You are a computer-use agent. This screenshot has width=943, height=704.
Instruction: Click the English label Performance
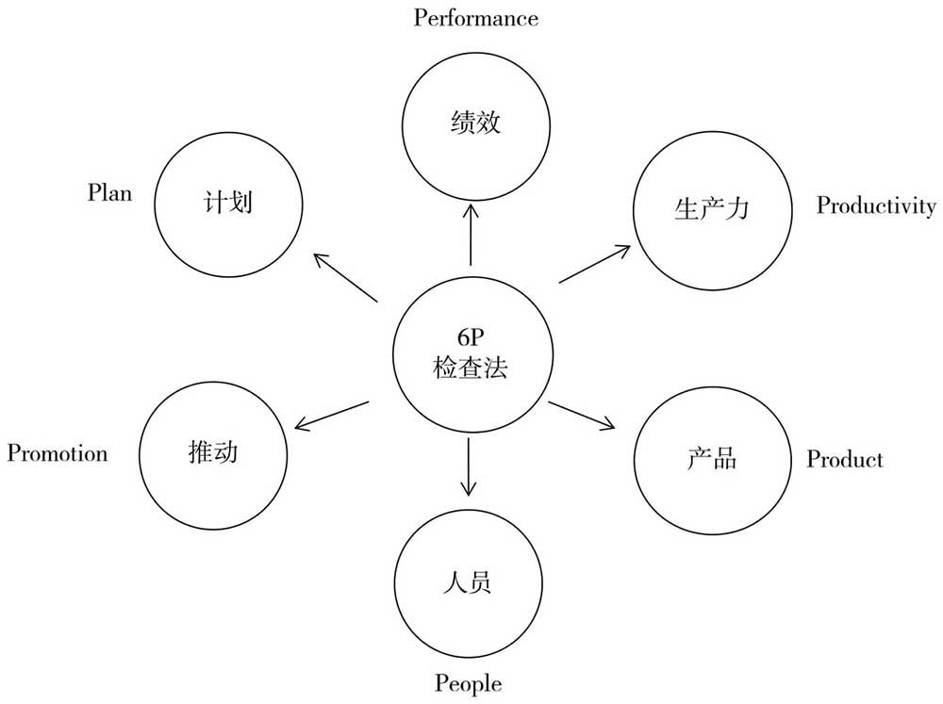pyautogui.click(x=475, y=18)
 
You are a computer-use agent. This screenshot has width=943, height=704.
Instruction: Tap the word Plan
pyautogui.click(x=109, y=192)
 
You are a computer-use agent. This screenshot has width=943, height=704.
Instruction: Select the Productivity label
pyautogui.click(x=876, y=205)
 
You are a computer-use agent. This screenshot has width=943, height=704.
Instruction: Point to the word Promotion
pyautogui.click(x=58, y=452)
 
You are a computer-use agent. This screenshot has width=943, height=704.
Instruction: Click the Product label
pyautogui.click(x=845, y=459)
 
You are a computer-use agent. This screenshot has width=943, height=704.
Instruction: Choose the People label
pyautogui.click(x=469, y=683)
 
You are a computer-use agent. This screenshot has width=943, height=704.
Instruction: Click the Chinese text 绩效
pyautogui.click(x=475, y=123)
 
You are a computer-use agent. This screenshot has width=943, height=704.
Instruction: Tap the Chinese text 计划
pyautogui.click(x=228, y=202)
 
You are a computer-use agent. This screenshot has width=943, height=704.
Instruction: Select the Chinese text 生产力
pyautogui.click(x=712, y=209)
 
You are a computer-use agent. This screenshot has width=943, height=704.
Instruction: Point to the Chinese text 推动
pyautogui.click(x=213, y=452)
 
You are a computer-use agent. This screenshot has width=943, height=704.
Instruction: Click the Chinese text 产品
pyautogui.click(x=712, y=459)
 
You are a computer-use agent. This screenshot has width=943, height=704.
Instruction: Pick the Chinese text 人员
pyautogui.click(x=468, y=582)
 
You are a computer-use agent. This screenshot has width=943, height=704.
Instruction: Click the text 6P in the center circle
pyautogui.click(x=471, y=337)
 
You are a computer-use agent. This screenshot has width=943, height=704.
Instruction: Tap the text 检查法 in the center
pyautogui.click(x=471, y=368)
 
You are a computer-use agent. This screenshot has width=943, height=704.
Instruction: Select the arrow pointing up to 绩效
pyautogui.click(x=471, y=235)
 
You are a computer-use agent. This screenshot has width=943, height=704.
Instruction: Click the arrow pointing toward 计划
pyautogui.click(x=346, y=277)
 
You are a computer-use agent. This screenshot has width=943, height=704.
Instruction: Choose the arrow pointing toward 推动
pyautogui.click(x=331, y=416)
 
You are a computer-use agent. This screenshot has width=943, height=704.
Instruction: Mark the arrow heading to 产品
pyautogui.click(x=582, y=416)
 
